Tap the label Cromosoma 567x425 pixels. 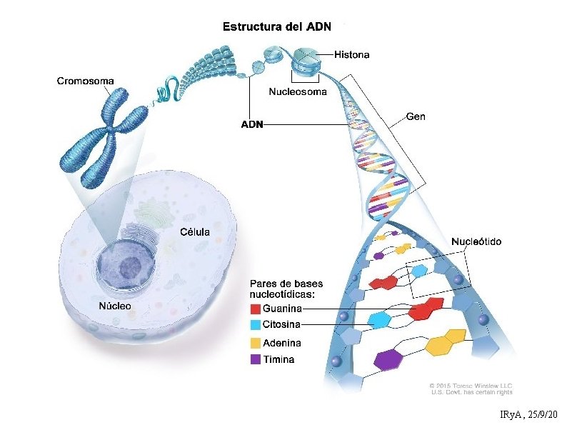[x=85, y=81]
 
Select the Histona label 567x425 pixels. [x=353, y=54]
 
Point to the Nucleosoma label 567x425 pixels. [x=298, y=91]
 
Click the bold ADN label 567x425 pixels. [x=251, y=124]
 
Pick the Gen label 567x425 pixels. [x=416, y=116]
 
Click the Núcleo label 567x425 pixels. [x=114, y=307]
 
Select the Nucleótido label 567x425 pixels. [x=476, y=241]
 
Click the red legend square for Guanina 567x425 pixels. [x=255, y=309]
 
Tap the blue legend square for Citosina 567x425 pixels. [x=255, y=326]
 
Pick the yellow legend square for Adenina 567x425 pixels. [x=255, y=343]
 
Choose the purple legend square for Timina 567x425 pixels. [x=255, y=359]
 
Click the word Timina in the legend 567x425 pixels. [x=279, y=359]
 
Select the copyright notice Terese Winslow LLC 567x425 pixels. [x=471, y=386]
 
